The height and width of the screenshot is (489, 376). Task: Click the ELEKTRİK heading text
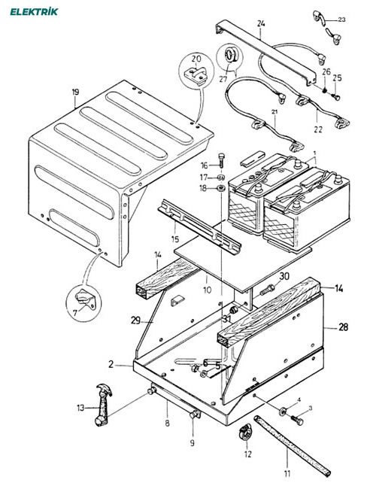(34, 12)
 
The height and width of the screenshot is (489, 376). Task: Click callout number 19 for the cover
(75, 93)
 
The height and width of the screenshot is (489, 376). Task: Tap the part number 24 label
(261, 23)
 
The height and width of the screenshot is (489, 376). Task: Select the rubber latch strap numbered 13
(103, 405)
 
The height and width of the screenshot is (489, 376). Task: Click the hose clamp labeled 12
(245, 432)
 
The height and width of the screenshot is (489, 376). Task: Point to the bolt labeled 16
(222, 160)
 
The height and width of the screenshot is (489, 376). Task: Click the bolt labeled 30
(267, 290)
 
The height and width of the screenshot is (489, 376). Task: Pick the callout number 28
(343, 327)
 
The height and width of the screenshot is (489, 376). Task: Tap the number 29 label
(135, 320)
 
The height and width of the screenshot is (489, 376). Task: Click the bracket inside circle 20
(196, 75)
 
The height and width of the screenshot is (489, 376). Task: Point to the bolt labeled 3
(297, 420)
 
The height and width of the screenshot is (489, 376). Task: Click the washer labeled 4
(284, 412)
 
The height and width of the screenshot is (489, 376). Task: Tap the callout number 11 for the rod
(287, 473)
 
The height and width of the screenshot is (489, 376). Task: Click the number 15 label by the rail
(175, 239)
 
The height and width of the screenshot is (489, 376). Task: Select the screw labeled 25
(336, 97)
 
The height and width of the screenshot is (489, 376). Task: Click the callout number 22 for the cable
(318, 129)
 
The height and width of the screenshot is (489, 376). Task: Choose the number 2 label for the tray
(111, 364)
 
